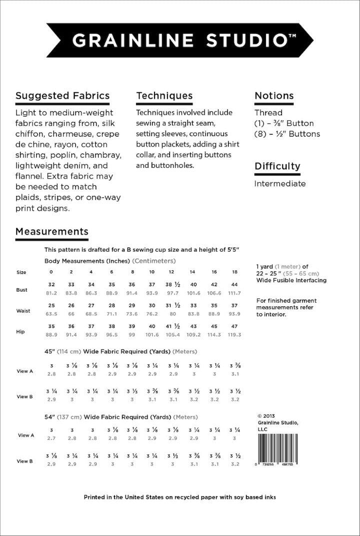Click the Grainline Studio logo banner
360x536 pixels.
[180, 40]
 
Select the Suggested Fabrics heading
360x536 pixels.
[62, 96]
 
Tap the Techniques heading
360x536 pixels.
[164, 96]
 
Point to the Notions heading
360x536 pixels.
[274, 96]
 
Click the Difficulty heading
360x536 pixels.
[277, 166]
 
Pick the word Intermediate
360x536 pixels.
[279, 183]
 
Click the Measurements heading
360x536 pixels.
[52, 232]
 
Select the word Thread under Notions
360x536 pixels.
[268, 113]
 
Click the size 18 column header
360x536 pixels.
[234, 272]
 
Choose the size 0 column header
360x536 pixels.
[51, 272]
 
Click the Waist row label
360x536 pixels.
[23, 311]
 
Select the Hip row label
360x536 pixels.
[20, 331]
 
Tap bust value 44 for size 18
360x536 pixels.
[234, 284]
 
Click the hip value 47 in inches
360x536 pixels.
[234, 326]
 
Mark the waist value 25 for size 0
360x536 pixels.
[51, 305]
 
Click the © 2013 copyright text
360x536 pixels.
[266, 415]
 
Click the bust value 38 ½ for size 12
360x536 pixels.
[172, 284]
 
